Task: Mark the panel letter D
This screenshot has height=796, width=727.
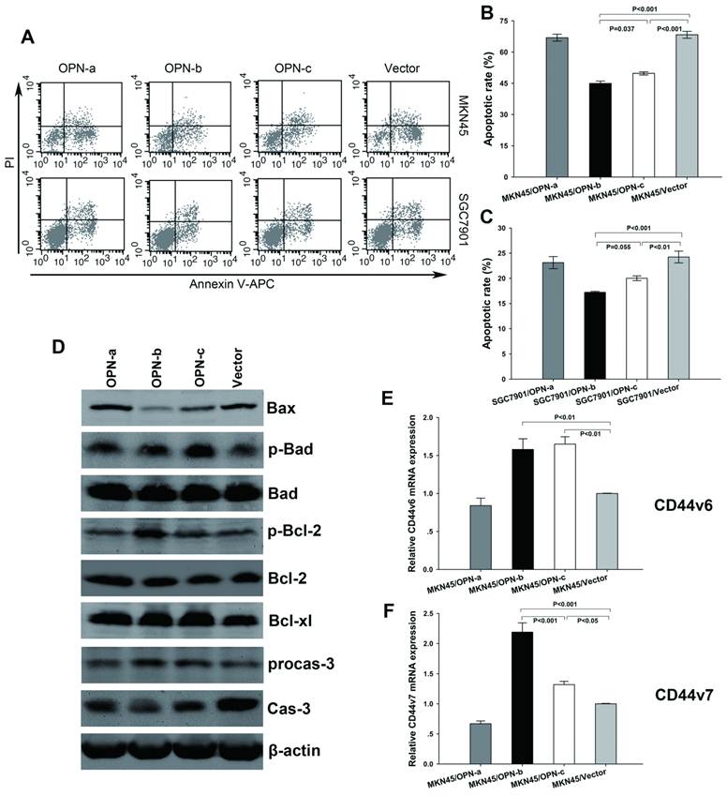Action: pos(58,347)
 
